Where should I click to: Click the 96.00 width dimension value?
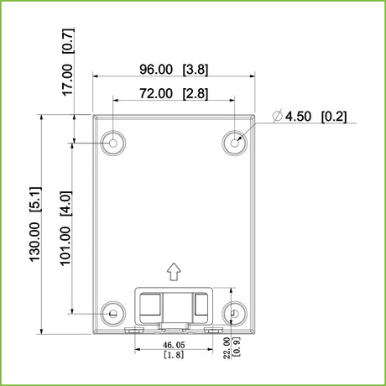pos(156,70)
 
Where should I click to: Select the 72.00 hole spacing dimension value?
pos(156,93)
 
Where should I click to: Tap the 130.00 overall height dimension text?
pos(35,242)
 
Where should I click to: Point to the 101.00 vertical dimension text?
pos(65,246)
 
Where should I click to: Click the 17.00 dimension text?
pos(67,80)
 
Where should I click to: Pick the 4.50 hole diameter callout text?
pos(298,117)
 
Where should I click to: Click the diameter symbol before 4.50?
pos(278,116)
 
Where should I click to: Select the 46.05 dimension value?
pos(174,345)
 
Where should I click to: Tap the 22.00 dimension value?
pos(227,348)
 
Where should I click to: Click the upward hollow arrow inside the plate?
pos(174,271)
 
